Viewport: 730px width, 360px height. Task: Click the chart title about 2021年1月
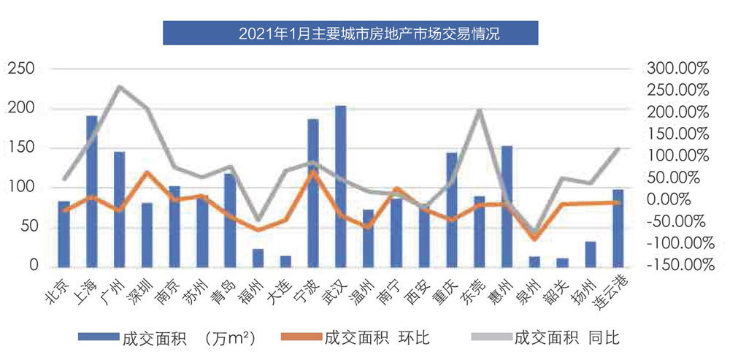click(350, 33)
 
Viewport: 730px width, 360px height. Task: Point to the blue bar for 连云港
click(618, 228)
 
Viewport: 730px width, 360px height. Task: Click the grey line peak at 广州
click(119, 87)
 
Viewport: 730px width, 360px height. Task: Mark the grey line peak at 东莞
click(479, 111)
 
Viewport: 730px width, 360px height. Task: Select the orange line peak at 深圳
click(147, 173)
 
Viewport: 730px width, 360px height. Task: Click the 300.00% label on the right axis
click(678, 69)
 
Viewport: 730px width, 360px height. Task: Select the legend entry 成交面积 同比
click(545, 337)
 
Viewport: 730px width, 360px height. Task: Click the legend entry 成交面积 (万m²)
click(168, 337)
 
